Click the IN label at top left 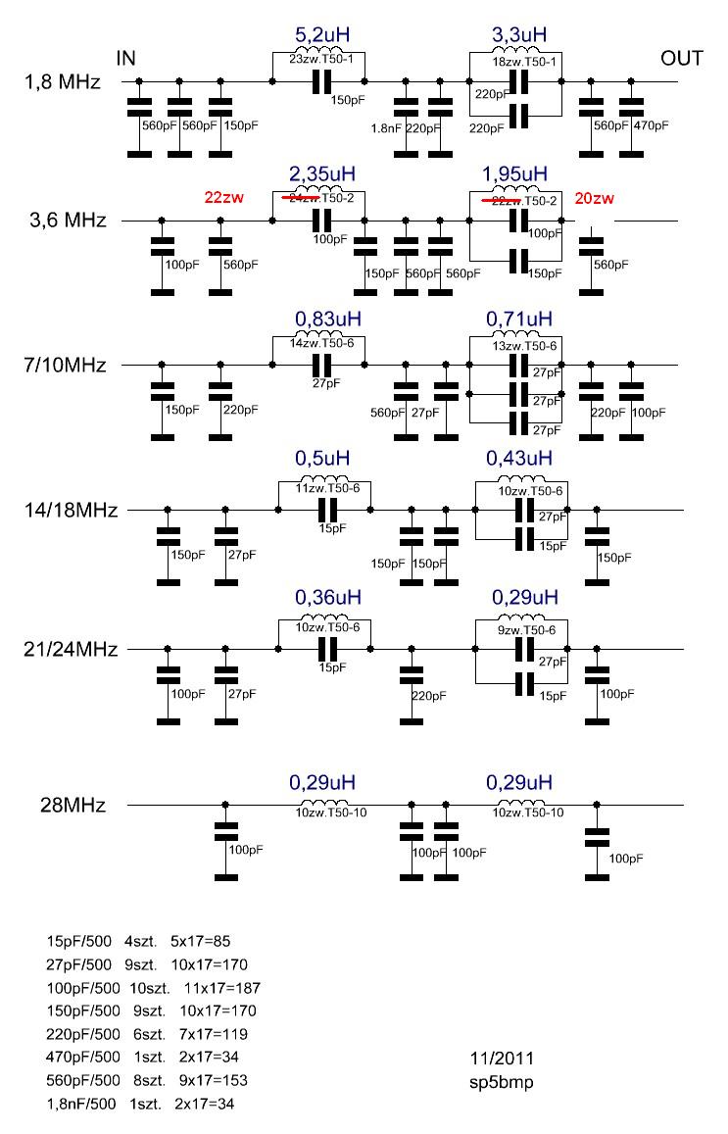[125, 58]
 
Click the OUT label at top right [681, 58]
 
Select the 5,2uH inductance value [321, 36]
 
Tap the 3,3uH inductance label [519, 36]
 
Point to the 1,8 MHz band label [61, 82]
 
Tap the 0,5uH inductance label [321, 460]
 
